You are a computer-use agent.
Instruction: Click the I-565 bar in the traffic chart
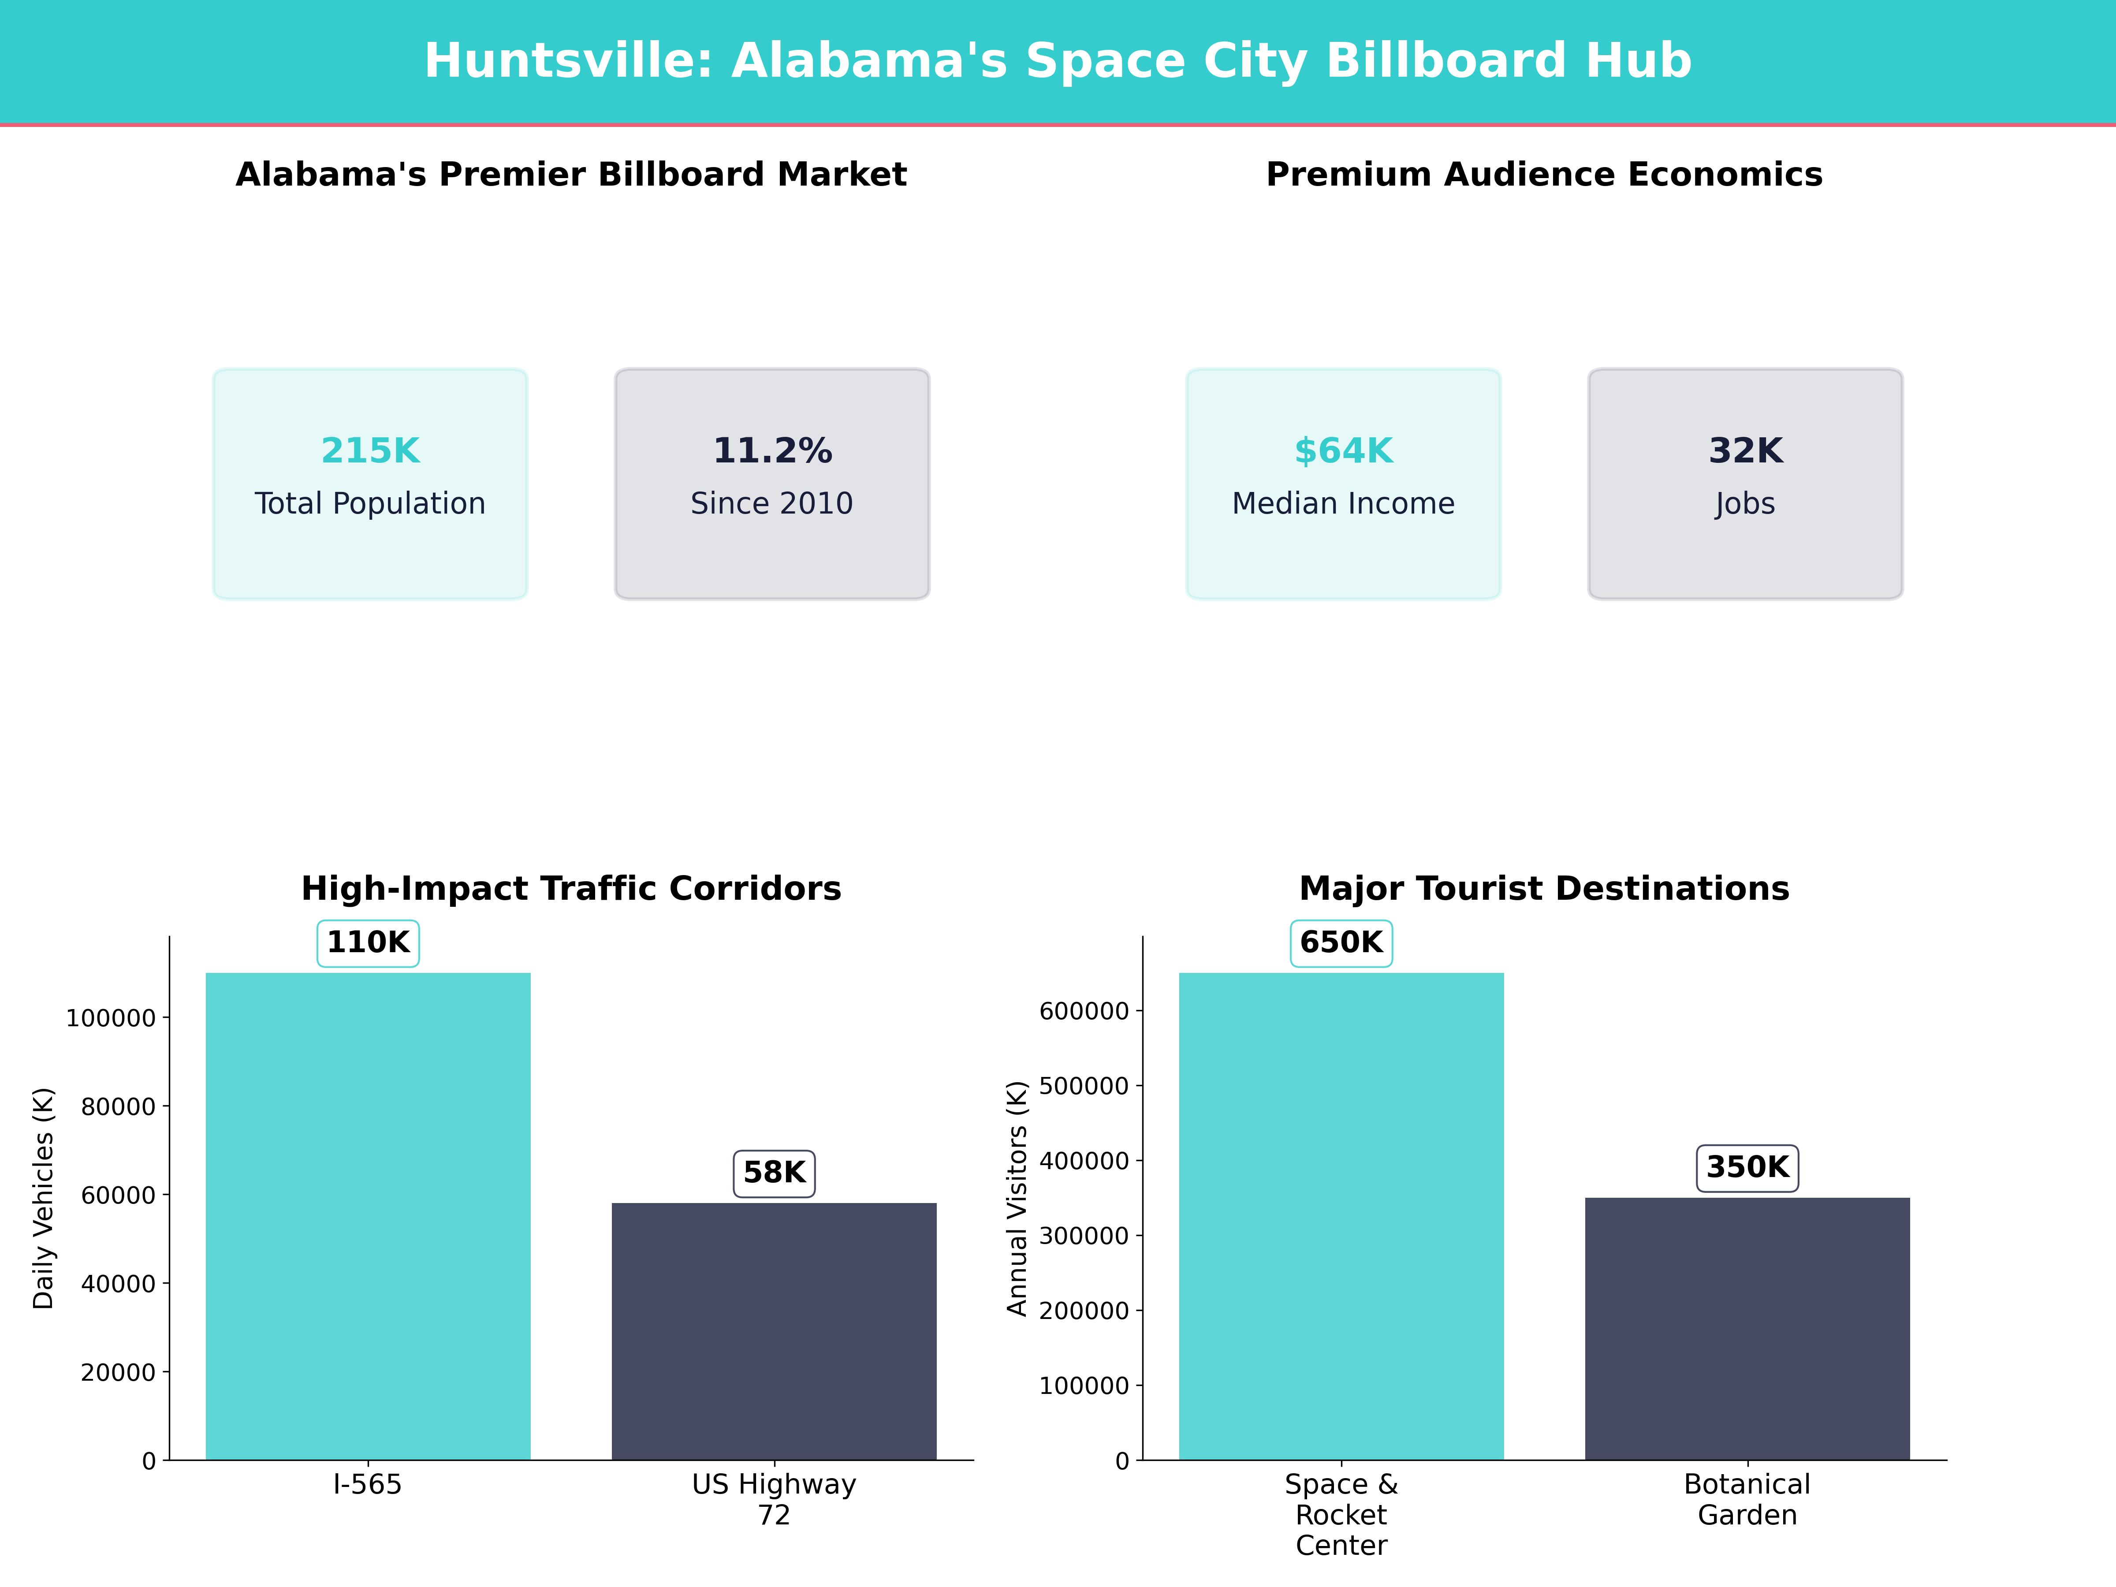click(368, 1215)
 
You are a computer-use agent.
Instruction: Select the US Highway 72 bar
click(774, 1330)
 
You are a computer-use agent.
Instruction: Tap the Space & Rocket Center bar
click(1341, 1215)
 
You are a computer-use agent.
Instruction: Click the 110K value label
click(368, 942)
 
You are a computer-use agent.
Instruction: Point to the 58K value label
click(774, 1173)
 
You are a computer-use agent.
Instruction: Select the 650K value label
click(1341, 942)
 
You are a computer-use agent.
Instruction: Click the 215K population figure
click(370, 451)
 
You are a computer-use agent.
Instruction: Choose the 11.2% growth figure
click(772, 451)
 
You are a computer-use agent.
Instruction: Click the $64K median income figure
click(1343, 451)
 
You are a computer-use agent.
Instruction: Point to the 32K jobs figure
click(1746, 451)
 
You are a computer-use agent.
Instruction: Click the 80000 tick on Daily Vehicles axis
click(118, 1107)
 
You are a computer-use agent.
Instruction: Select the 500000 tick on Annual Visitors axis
click(1084, 1086)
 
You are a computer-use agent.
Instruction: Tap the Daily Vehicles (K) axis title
click(43, 1198)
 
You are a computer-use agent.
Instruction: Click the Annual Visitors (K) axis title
click(1017, 1198)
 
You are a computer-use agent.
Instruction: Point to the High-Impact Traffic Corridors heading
click(571, 889)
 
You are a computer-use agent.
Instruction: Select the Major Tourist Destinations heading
click(1544, 889)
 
